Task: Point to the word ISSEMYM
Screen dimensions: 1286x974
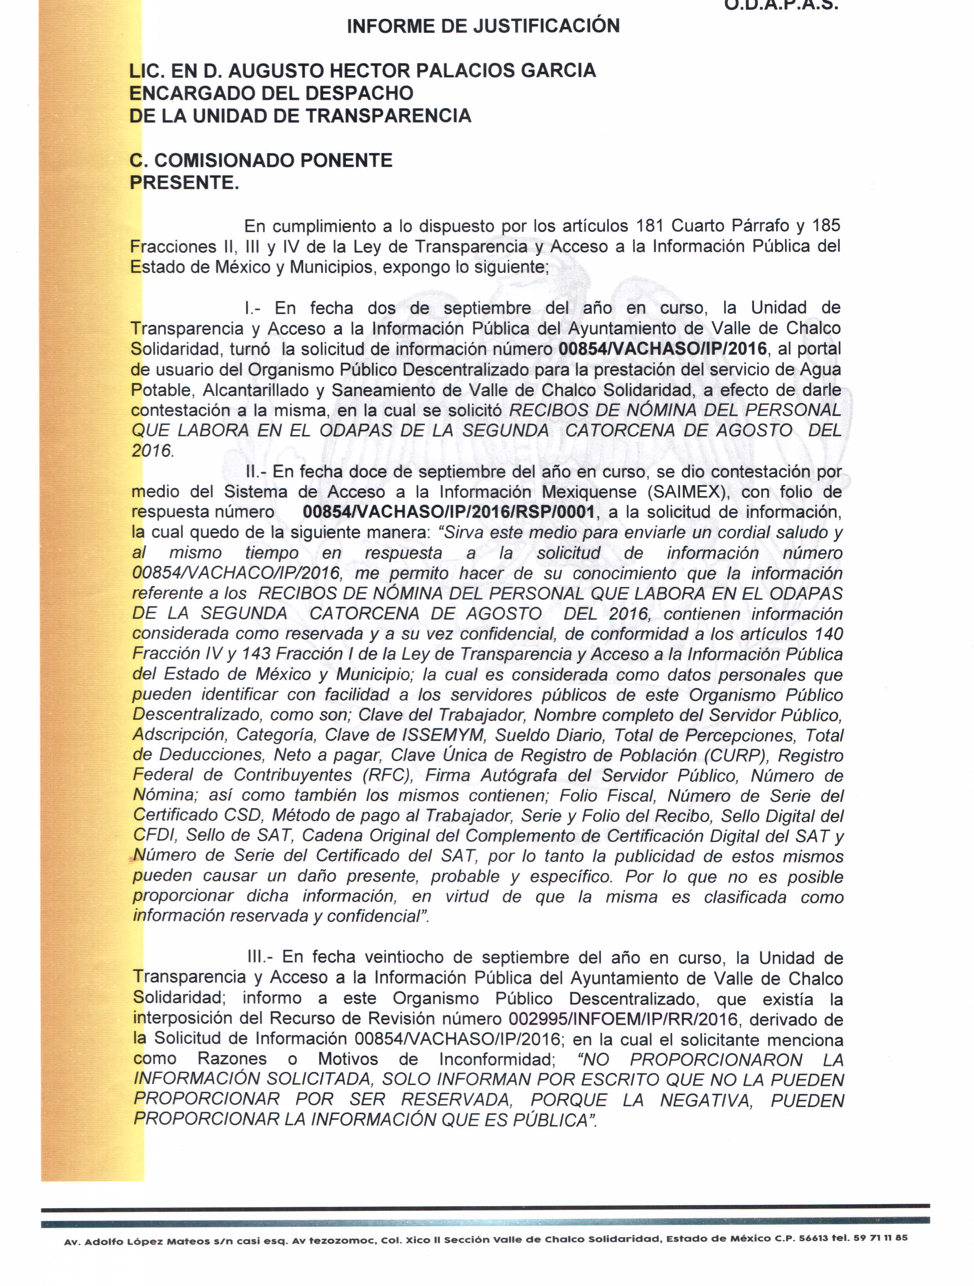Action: click(x=443, y=736)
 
